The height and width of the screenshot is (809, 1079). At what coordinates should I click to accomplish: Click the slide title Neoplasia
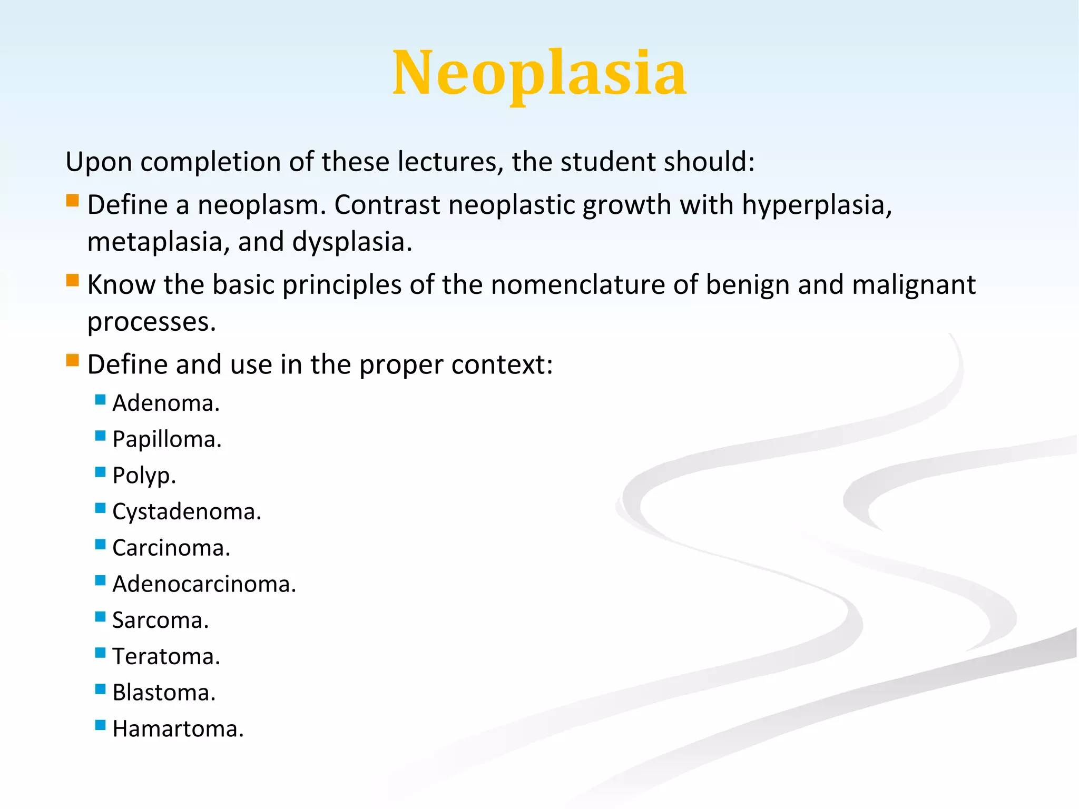click(539, 74)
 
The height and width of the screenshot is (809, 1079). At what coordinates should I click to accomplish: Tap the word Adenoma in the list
click(165, 403)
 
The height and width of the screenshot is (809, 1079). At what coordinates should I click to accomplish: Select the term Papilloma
click(166, 440)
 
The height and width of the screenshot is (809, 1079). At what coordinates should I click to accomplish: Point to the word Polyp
click(143, 476)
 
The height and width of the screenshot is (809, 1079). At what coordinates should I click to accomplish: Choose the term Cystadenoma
click(187, 512)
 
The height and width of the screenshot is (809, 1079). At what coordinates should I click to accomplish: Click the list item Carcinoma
click(171, 548)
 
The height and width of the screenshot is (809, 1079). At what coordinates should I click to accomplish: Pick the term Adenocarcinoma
click(204, 585)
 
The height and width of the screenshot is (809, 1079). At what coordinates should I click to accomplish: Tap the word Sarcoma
click(160, 620)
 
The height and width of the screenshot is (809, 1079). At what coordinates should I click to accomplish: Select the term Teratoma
click(166, 657)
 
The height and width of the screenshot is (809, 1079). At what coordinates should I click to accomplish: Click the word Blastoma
click(164, 693)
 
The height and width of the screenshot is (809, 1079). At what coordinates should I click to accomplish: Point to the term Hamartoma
click(178, 729)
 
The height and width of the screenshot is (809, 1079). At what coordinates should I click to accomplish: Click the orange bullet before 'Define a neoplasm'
click(73, 201)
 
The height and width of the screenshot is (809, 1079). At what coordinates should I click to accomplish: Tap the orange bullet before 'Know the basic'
click(73, 280)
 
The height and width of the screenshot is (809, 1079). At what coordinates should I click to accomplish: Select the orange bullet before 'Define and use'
click(73, 360)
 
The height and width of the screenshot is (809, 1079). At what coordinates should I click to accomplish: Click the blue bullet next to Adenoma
click(100, 399)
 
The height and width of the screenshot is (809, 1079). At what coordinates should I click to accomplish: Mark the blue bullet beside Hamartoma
click(100, 725)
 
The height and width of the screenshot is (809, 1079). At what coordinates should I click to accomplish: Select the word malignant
click(914, 285)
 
